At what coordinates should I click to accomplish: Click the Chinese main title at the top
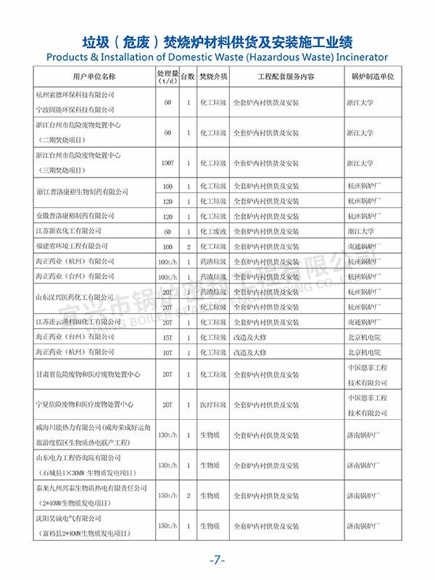pos(217,39)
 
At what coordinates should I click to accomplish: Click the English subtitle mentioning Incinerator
pos(217,57)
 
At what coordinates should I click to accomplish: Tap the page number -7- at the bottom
pos(217,560)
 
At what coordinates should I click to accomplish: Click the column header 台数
pos(188,76)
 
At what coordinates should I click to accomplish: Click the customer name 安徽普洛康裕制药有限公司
pos(75,216)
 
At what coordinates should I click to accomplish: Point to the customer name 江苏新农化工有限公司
pos(70,231)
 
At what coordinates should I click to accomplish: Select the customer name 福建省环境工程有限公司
pos(71,246)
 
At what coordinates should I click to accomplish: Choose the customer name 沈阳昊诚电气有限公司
pos(68,519)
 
